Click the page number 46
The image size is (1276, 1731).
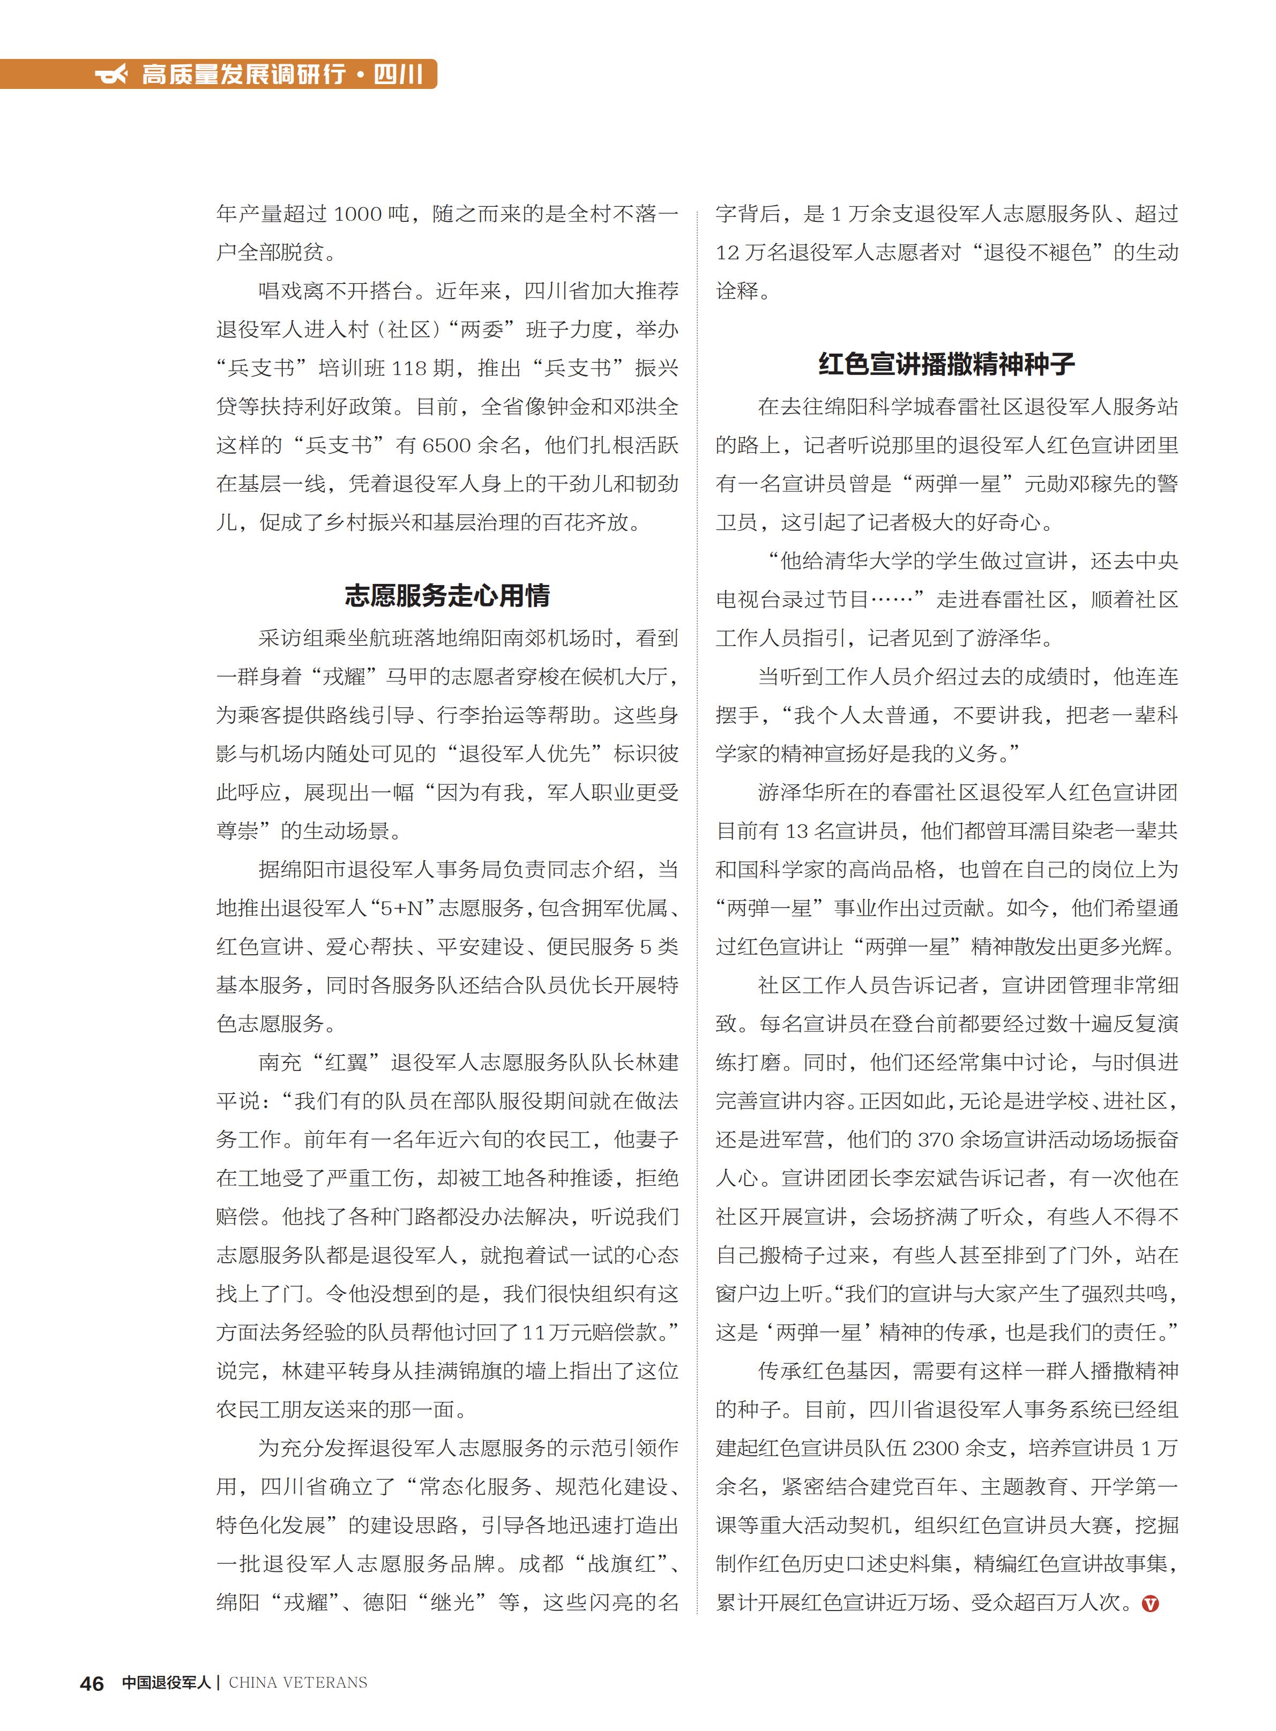(92, 1684)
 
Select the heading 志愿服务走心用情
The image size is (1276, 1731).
(447, 595)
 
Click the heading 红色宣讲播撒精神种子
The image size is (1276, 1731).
(946, 364)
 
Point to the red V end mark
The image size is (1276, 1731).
(1150, 1603)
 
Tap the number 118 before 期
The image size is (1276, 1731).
(409, 368)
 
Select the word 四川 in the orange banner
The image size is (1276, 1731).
(399, 75)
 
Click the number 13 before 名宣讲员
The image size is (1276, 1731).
(796, 831)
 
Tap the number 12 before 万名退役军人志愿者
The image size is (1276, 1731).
(728, 252)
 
